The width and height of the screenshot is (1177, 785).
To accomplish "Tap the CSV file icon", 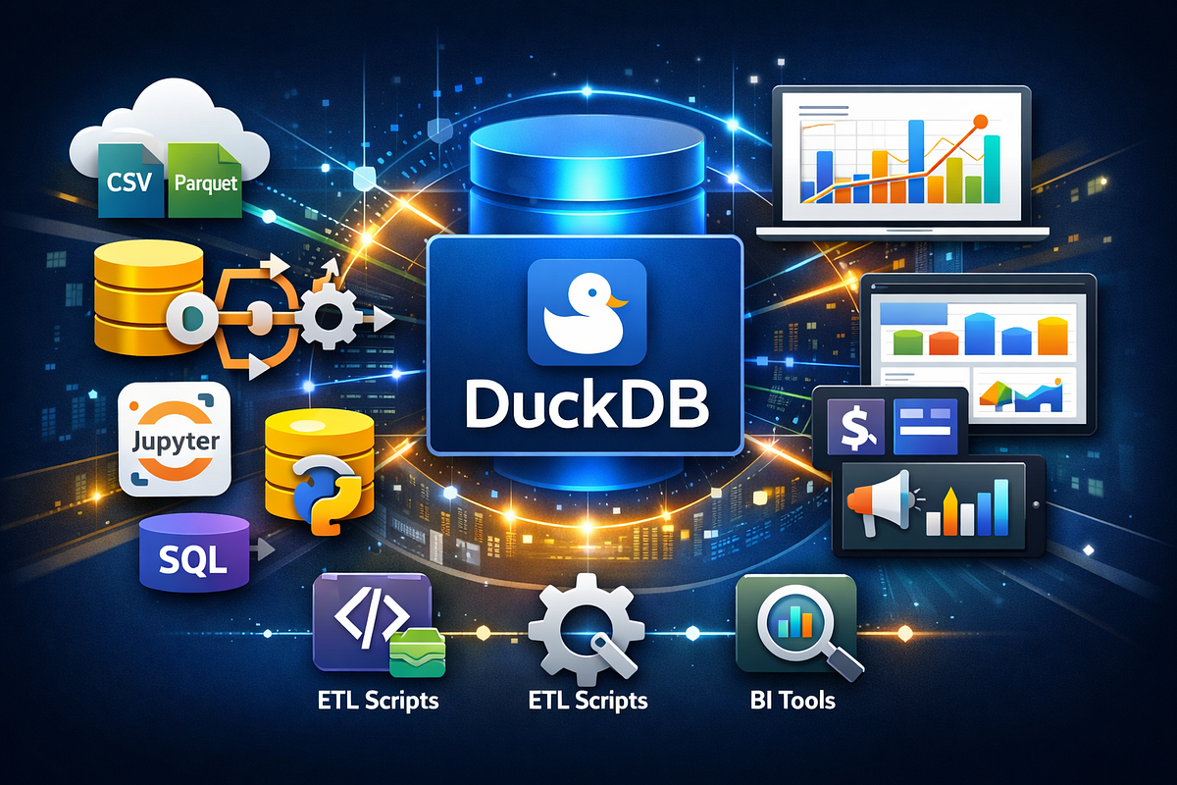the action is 129,181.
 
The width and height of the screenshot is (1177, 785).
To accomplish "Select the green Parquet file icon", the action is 205,181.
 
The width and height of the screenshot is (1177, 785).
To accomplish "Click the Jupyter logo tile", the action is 175,439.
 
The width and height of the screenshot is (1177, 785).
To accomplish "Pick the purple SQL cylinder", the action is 194,552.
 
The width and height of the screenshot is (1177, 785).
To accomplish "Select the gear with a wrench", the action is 587,629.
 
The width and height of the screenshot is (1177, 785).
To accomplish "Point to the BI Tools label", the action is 793,701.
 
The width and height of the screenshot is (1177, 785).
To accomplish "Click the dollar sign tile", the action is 855,427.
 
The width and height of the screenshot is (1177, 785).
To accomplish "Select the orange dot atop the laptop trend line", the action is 981,122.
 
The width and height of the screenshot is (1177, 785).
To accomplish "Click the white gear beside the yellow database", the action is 329,318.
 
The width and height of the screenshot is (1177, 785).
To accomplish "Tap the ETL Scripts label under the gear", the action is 588,701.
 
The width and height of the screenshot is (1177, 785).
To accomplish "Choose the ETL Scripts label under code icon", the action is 379,701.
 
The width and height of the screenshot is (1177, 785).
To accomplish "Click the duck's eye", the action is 592,292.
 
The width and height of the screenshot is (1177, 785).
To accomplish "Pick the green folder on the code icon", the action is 417,654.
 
